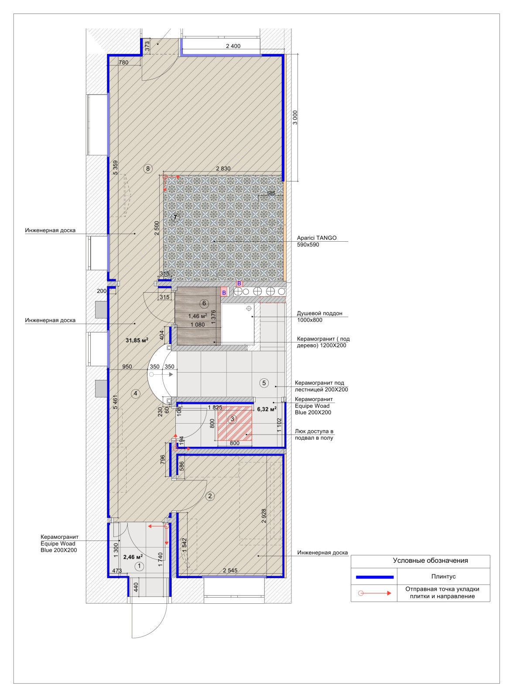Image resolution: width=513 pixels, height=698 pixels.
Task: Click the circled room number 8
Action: pyautogui.click(x=148, y=169)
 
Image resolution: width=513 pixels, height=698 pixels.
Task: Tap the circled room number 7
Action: pyautogui.click(x=175, y=218)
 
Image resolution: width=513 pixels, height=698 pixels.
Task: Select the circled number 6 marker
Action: pyautogui.click(x=204, y=303)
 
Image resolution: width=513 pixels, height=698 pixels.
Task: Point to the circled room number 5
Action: pyautogui.click(x=264, y=383)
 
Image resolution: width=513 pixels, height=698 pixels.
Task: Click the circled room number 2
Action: pyautogui.click(x=210, y=496)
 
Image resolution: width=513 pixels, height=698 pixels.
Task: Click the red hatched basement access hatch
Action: pyautogui.click(x=234, y=423)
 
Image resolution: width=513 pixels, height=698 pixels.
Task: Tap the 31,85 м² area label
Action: pyautogui.click(x=137, y=340)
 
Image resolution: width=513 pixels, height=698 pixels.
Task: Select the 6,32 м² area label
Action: pyautogui.click(x=267, y=409)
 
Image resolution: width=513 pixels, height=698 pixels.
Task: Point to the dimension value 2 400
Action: pyautogui.click(x=233, y=46)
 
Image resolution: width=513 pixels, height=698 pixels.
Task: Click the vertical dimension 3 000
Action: pyautogui.click(x=295, y=117)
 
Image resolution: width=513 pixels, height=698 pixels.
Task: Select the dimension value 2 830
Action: pyautogui.click(x=223, y=168)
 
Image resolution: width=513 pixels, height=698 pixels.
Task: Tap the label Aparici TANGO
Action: pyautogui.click(x=317, y=238)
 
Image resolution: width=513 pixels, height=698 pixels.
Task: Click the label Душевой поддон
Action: pyautogui.click(x=319, y=313)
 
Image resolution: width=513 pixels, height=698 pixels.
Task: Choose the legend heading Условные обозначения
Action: pyautogui.click(x=431, y=561)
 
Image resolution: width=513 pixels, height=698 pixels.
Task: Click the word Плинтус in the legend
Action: pyautogui.click(x=444, y=576)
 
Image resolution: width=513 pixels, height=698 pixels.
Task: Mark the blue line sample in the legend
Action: pyautogui.click(x=375, y=577)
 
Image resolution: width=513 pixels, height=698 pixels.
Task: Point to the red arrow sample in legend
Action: pyautogui.click(x=374, y=593)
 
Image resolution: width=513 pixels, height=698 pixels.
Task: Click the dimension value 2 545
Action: pyautogui.click(x=230, y=571)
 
